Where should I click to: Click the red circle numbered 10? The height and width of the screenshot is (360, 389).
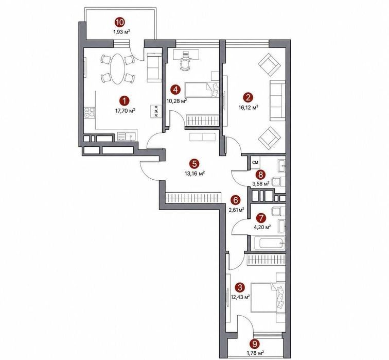coord(119,23)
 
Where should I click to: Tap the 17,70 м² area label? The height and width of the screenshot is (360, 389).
coord(125,111)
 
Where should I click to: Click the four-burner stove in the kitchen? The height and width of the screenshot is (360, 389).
coord(90,112)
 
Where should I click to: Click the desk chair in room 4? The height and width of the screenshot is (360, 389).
coord(185,65)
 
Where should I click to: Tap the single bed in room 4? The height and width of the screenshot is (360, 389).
coord(202,90)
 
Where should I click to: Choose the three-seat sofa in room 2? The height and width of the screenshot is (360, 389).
coord(277,100)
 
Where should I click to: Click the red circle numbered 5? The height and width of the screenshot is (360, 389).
coord(194,164)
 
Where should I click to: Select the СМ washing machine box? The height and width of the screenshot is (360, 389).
coord(255,162)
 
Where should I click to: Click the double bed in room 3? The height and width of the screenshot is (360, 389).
coord(268,297)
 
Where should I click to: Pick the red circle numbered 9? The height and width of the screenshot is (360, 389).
coord(254,344)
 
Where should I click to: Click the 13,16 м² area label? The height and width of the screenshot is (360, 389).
coord(194,173)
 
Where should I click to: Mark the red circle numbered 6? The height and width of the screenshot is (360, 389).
coord(235,199)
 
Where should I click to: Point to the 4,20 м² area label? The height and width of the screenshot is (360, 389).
coord(262,227)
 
